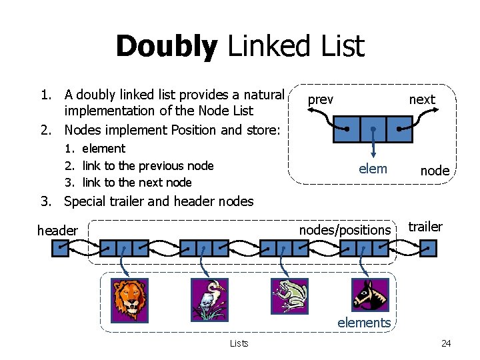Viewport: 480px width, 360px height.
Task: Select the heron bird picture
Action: (209, 296)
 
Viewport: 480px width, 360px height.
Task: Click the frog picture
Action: (289, 296)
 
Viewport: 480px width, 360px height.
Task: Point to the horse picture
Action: (370, 295)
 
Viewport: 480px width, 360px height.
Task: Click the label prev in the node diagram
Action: (321, 99)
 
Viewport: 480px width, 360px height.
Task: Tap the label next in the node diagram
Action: (421, 99)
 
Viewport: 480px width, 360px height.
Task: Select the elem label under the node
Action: (373, 169)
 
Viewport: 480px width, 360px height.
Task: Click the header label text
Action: (57, 231)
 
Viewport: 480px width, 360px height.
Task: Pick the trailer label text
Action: (425, 227)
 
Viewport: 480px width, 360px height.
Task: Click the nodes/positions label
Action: (345, 230)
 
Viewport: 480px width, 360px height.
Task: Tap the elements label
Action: (364, 323)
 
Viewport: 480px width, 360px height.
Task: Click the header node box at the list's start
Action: (61, 249)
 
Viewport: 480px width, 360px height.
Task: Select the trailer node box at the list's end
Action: (429, 249)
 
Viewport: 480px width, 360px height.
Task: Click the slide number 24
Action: (446, 343)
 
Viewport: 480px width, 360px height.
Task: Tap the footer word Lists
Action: (239, 343)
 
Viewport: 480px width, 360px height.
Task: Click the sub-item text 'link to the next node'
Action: (137, 183)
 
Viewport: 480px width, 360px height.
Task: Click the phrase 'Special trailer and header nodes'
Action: (159, 201)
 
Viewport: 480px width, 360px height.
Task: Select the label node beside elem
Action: (435, 171)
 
